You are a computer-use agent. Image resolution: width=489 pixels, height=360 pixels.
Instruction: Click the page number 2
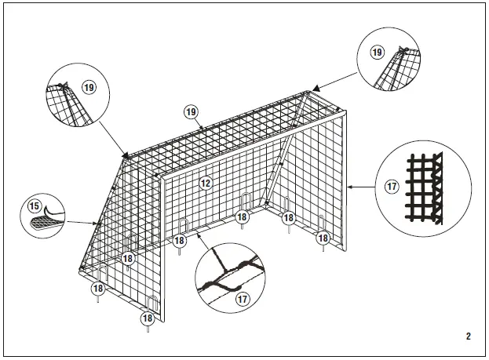[468, 336]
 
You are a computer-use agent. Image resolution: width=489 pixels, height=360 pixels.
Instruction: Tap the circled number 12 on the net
[206, 184]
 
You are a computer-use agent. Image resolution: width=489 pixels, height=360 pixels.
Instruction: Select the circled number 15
[35, 207]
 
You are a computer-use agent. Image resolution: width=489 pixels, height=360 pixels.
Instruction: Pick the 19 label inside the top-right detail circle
[377, 53]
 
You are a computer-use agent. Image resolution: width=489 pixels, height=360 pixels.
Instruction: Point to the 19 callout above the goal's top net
[191, 111]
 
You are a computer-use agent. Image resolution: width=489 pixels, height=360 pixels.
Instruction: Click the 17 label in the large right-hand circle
[391, 187]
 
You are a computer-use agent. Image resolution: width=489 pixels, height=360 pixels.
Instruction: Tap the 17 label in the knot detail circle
[243, 299]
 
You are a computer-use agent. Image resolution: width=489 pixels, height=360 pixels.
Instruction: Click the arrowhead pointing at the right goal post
[349, 187]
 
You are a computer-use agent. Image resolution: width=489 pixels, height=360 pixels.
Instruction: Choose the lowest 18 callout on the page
[147, 318]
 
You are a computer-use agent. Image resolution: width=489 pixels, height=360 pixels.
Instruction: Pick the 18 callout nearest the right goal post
[323, 237]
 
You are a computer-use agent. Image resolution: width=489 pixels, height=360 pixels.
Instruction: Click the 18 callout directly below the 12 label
[242, 216]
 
